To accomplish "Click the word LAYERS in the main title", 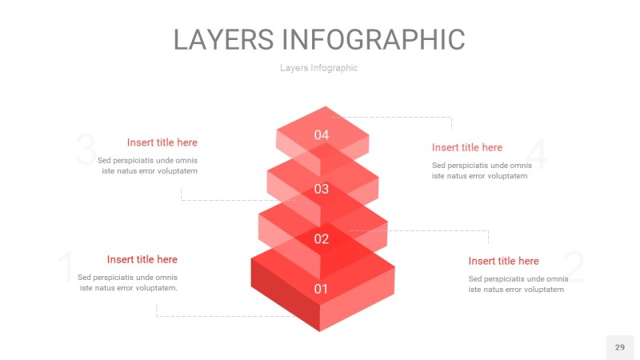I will click(x=224, y=39).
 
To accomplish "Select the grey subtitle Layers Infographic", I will click(x=318, y=68).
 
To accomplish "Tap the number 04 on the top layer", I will click(x=322, y=135).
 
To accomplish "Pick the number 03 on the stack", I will click(x=322, y=190).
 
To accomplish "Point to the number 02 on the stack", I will click(x=322, y=238).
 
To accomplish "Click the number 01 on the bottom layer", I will click(x=321, y=289).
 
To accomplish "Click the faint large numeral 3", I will click(x=86, y=151).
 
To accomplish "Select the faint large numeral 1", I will click(x=66, y=268).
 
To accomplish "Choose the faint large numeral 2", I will click(x=574, y=268).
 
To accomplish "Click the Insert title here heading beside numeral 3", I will click(x=162, y=142).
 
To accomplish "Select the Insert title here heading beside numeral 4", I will click(x=467, y=147).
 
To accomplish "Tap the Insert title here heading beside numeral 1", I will click(x=142, y=259).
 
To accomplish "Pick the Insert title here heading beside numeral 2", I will click(x=503, y=261).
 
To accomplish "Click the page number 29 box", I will click(x=619, y=347).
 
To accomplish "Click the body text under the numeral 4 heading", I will click(x=480, y=170).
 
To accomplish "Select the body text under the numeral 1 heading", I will click(x=128, y=282).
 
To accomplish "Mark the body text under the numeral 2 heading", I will click(x=518, y=284).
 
